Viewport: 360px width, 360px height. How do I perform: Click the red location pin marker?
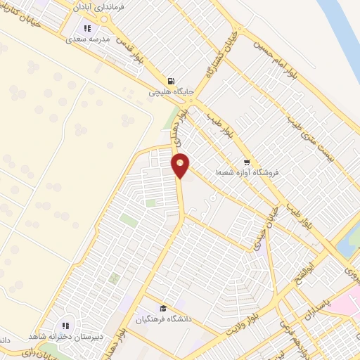tap(181, 165)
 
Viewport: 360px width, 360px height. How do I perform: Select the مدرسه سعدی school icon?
tap(87, 29)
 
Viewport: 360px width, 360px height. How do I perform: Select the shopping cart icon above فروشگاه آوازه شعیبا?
tap(246, 160)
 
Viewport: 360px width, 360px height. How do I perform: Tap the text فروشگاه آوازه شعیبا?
tap(245, 171)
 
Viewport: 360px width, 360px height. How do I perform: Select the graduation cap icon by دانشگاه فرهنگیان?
tap(163, 309)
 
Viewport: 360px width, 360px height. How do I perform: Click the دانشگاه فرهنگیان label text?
tap(162, 320)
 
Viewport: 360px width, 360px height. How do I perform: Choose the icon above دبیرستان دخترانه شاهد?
tap(65, 326)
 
